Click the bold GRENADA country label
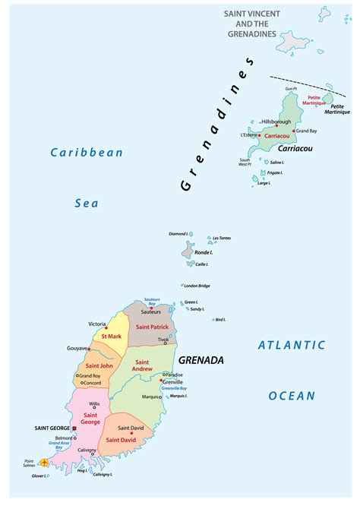pos(201,359)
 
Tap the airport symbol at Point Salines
pos(45,463)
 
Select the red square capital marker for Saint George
pos(74,428)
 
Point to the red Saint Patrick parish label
pos(153,327)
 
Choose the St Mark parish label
pos(112,337)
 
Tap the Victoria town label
pos(96,324)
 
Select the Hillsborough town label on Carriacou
pos(276,122)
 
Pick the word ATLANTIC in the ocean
pos(291,345)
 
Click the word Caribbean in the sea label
pos(87,153)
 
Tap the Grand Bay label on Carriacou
pos(308,131)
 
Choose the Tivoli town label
pos(163,340)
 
